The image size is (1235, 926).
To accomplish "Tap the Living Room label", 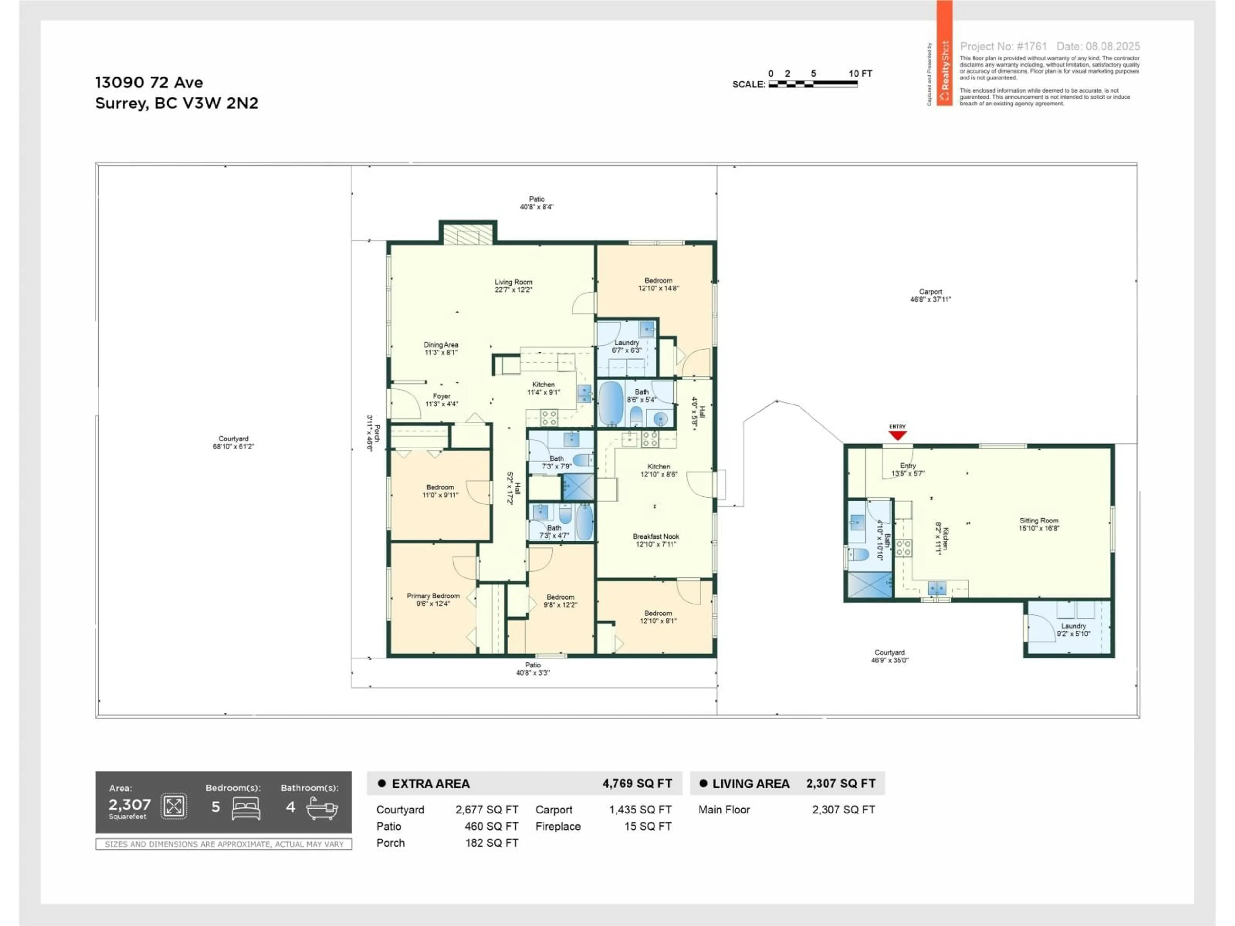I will click(513, 285).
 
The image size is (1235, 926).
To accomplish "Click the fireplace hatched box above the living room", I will click(468, 234).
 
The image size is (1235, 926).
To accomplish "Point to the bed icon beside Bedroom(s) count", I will click(246, 808).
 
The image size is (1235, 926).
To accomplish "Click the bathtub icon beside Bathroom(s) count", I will click(322, 808).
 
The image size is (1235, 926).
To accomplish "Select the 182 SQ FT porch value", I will click(491, 843).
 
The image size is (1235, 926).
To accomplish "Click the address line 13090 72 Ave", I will click(149, 83).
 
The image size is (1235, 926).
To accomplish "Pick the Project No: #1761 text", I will click(1003, 46).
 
